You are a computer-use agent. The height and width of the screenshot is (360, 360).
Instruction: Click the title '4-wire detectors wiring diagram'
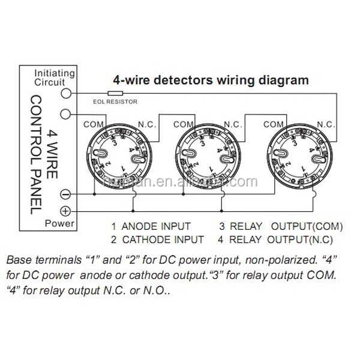tap(212, 79)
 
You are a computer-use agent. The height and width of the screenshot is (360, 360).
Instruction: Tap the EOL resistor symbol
tap(115, 94)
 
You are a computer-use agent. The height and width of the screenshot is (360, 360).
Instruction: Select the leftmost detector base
tap(115, 158)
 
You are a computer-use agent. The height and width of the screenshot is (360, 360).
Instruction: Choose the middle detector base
tap(208, 158)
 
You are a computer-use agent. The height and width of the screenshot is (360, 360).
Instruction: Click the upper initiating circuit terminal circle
tap(67, 94)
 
